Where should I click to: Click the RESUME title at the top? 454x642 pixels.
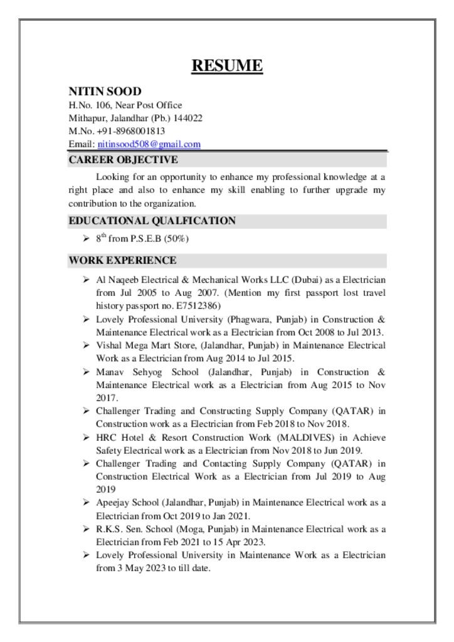(x=227, y=65)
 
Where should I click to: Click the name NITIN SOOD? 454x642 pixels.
(x=105, y=92)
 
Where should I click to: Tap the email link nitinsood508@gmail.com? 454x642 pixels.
(x=149, y=144)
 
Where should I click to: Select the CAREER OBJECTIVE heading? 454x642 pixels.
(x=124, y=160)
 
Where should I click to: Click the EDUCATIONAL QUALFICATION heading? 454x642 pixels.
(x=152, y=221)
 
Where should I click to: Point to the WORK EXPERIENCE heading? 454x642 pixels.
(x=122, y=260)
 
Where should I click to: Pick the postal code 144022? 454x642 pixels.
(x=189, y=118)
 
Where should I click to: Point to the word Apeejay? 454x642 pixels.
(x=111, y=503)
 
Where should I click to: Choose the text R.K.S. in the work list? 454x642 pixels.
(x=109, y=529)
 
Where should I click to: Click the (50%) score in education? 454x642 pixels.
(x=177, y=239)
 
